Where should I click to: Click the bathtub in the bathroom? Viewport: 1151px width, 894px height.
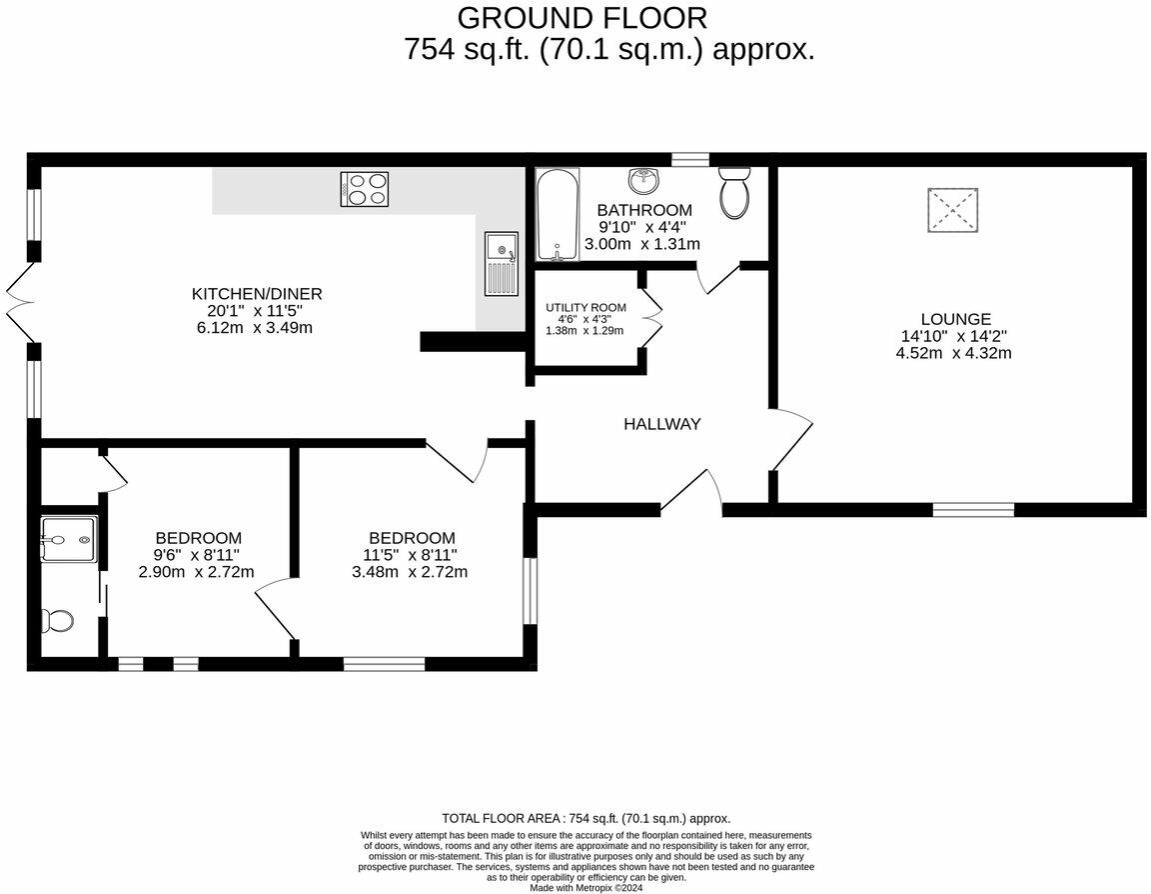pos(557,214)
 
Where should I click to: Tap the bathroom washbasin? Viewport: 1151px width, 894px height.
pos(643,181)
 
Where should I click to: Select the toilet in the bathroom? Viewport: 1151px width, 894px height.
pos(734,193)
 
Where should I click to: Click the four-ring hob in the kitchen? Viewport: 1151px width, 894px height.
pos(365,189)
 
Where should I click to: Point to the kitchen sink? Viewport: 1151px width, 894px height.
pos(502,263)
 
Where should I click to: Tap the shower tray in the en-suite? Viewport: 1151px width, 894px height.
pos(69,541)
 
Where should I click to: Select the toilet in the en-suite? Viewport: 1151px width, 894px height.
pos(57,620)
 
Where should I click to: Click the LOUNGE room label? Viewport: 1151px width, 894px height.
pos(957,319)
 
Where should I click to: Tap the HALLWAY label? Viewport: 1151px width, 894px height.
pos(661,424)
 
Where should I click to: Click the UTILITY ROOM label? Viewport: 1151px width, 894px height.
pos(585,307)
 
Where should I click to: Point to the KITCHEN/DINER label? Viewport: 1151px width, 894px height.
pos(257,294)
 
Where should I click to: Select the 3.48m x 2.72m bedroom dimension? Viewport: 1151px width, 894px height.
pos(410,572)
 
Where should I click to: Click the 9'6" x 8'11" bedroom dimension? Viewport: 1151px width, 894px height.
pos(197,555)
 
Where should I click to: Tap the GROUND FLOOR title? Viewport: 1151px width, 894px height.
pos(582,18)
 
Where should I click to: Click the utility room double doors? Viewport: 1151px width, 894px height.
pos(651,318)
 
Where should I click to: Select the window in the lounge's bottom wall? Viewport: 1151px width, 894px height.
pos(973,510)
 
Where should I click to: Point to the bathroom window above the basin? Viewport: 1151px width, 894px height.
pos(689,159)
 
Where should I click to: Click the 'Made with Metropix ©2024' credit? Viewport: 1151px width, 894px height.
pos(586,887)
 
